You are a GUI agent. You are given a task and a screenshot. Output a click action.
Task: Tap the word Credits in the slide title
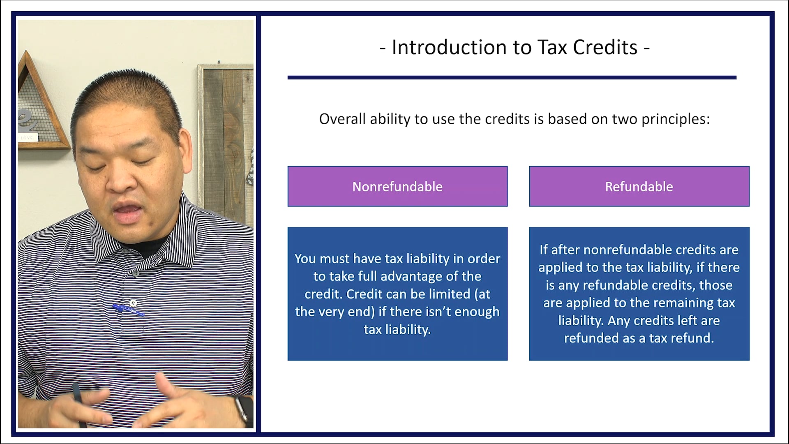coord(605,47)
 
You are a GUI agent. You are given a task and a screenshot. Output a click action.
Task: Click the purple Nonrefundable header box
coord(397,186)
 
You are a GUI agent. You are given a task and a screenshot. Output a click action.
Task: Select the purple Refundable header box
coord(639,186)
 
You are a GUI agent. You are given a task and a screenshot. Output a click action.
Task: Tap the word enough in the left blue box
coord(477,312)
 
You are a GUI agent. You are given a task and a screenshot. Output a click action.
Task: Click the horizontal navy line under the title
coord(512,77)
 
